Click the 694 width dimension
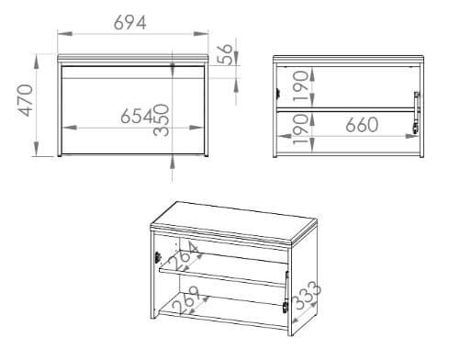coord(129,23)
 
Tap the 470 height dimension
coord(26,100)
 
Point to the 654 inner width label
coord(137,116)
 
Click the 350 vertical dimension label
coord(162,120)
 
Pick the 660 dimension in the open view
coord(362,125)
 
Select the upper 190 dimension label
coord(300,85)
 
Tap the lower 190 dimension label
coord(300,129)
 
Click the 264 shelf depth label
coord(183,256)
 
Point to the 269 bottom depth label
coord(186,300)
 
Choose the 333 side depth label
coord(307,295)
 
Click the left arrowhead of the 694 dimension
coord(64,34)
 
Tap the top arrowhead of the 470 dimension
coord(37,62)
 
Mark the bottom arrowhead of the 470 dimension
coord(37,149)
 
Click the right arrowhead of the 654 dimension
coord(196,128)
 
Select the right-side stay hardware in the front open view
coord(416,112)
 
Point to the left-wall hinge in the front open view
coord(278,93)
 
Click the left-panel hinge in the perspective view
coord(158,257)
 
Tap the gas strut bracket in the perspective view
coord(286,307)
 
